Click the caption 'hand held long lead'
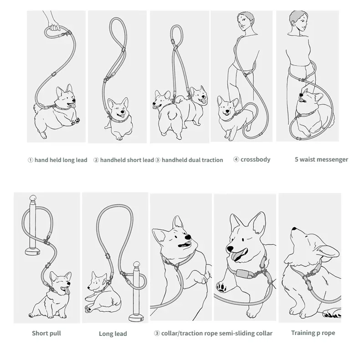coord(61,160)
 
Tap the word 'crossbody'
coord(255,160)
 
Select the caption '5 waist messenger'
coord(321,160)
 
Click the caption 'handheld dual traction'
coord(192,160)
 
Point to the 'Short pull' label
coord(46,333)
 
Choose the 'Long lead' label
coord(113,334)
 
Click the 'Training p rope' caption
coord(313,333)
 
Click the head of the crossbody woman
coord(245,21)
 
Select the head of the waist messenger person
coord(298,20)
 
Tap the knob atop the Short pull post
coord(33,198)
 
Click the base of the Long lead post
coord(136,318)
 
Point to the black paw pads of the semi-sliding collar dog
coord(221,287)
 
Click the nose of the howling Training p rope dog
coord(294,228)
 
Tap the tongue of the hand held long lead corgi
coord(72,105)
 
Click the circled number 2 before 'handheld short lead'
coord(96,160)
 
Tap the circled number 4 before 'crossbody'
coord(236,159)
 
